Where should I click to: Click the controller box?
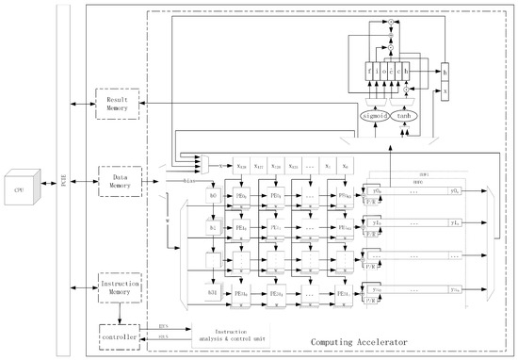[118, 335]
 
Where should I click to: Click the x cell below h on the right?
[445, 90]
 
